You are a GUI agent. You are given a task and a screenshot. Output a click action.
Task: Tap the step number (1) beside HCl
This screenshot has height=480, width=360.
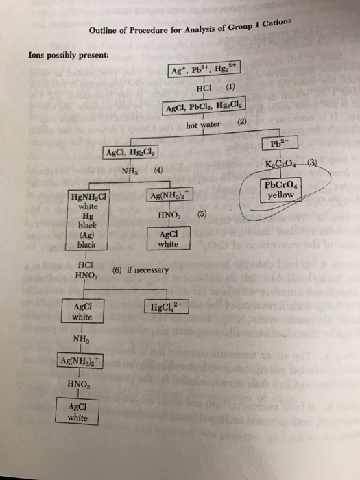click(231, 88)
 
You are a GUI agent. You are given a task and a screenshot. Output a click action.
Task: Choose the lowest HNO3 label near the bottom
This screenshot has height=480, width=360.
click(77, 387)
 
